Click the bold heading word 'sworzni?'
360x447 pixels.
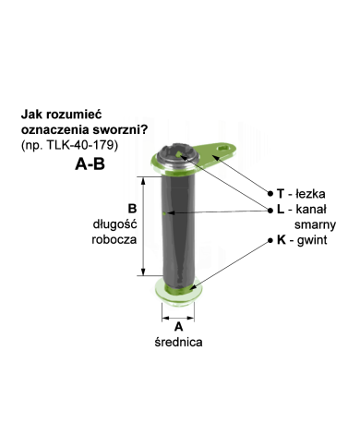point(122,129)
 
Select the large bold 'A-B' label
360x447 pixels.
point(90,163)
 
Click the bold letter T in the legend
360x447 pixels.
point(281,194)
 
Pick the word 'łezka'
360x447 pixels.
point(310,194)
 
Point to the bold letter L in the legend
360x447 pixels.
point(281,210)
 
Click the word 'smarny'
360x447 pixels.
point(315,224)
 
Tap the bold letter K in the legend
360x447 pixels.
point(282,240)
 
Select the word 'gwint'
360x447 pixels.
point(312,240)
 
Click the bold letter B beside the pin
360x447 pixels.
point(132,209)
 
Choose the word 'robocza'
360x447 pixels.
point(114,239)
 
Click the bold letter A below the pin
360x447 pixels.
point(178,327)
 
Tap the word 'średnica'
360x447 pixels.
point(178,342)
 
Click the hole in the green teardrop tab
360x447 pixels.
point(224,149)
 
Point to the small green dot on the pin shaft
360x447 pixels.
point(164,213)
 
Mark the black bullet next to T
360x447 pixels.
point(270,194)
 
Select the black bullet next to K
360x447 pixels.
point(270,240)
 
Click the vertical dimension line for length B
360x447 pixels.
point(143,226)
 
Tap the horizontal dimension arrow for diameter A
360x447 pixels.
point(178,318)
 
